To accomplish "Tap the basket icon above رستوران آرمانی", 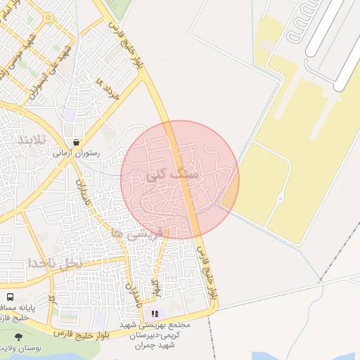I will (75, 141).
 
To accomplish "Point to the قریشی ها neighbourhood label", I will (137, 233).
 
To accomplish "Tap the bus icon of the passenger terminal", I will (10, 297).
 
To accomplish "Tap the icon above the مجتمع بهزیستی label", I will (155, 314).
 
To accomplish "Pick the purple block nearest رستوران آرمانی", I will (70, 114).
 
